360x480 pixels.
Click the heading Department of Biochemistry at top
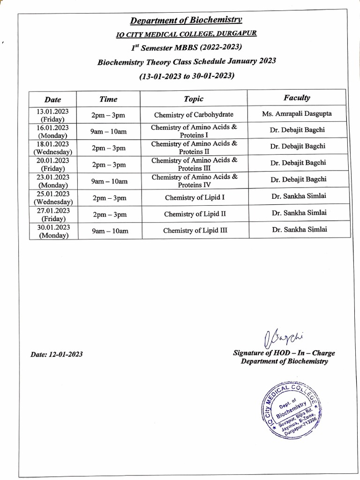pyautogui.click(x=186, y=20)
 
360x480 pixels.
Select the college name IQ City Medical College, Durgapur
pyautogui.click(x=186, y=34)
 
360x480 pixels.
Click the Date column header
pyautogui.click(x=52, y=99)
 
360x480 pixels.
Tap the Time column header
pyautogui.click(x=109, y=99)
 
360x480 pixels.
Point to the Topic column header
pyautogui.click(x=194, y=99)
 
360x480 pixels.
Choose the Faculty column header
pyautogui.click(x=296, y=98)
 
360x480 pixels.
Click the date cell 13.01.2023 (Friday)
pyautogui.click(x=52, y=115)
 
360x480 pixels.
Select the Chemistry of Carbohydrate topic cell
pyautogui.click(x=194, y=115)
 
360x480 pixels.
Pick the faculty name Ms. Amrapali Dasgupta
pyautogui.click(x=297, y=114)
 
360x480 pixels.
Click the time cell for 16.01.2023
pyautogui.click(x=109, y=132)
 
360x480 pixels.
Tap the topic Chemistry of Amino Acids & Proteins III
pyautogui.click(x=194, y=164)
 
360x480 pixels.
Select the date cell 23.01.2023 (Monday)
pyautogui.click(x=52, y=181)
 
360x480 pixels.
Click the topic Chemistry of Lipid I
pyautogui.click(x=195, y=198)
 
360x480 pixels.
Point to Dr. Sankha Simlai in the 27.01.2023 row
pyautogui.click(x=299, y=213)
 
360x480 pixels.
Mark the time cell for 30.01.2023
pyautogui.click(x=109, y=231)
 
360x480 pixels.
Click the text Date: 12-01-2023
pyautogui.click(x=57, y=354)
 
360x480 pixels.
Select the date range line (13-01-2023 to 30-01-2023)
pyautogui.click(x=186, y=75)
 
